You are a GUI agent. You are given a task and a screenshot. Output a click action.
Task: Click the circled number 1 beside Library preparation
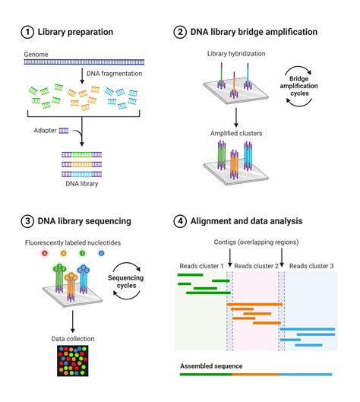coord(28,32)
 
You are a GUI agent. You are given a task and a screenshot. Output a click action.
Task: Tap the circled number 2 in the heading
coord(181,32)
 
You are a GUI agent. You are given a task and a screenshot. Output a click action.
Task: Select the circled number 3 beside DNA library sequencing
coord(28,221)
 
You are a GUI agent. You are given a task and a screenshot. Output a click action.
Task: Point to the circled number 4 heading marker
coord(181,221)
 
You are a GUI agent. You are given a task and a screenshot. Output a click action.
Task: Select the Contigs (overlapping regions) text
coord(255,242)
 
